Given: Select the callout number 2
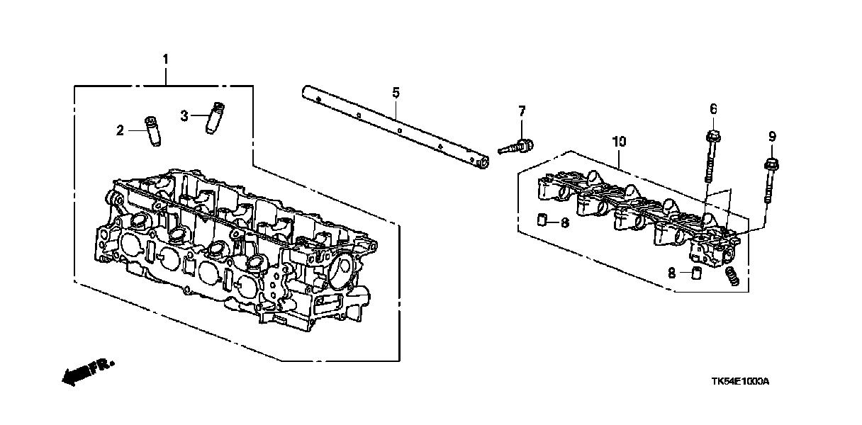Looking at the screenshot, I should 121,130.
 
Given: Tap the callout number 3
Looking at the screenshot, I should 184,115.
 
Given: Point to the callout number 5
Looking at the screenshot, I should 396,93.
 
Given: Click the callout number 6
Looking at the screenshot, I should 713,108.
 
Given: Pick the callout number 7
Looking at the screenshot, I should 522,110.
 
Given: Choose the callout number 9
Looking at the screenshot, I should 772,135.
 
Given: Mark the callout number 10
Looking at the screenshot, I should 619,142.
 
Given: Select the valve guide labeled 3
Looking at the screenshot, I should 216,117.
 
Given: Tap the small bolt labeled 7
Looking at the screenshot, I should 517,147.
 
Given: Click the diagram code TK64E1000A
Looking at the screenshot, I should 740,381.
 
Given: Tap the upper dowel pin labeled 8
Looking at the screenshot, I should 542,217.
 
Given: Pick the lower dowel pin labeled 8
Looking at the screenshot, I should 695,273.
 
